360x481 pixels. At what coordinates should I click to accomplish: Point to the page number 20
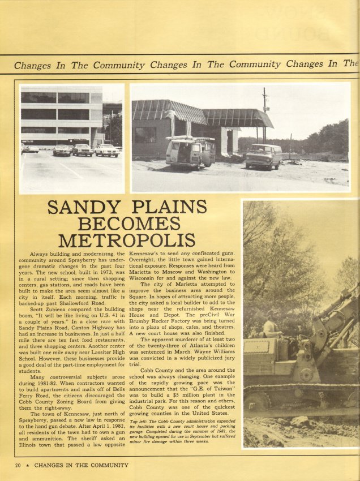19,465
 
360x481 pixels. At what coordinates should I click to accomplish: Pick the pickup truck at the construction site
264,156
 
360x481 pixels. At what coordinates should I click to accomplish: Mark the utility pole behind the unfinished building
264,113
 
